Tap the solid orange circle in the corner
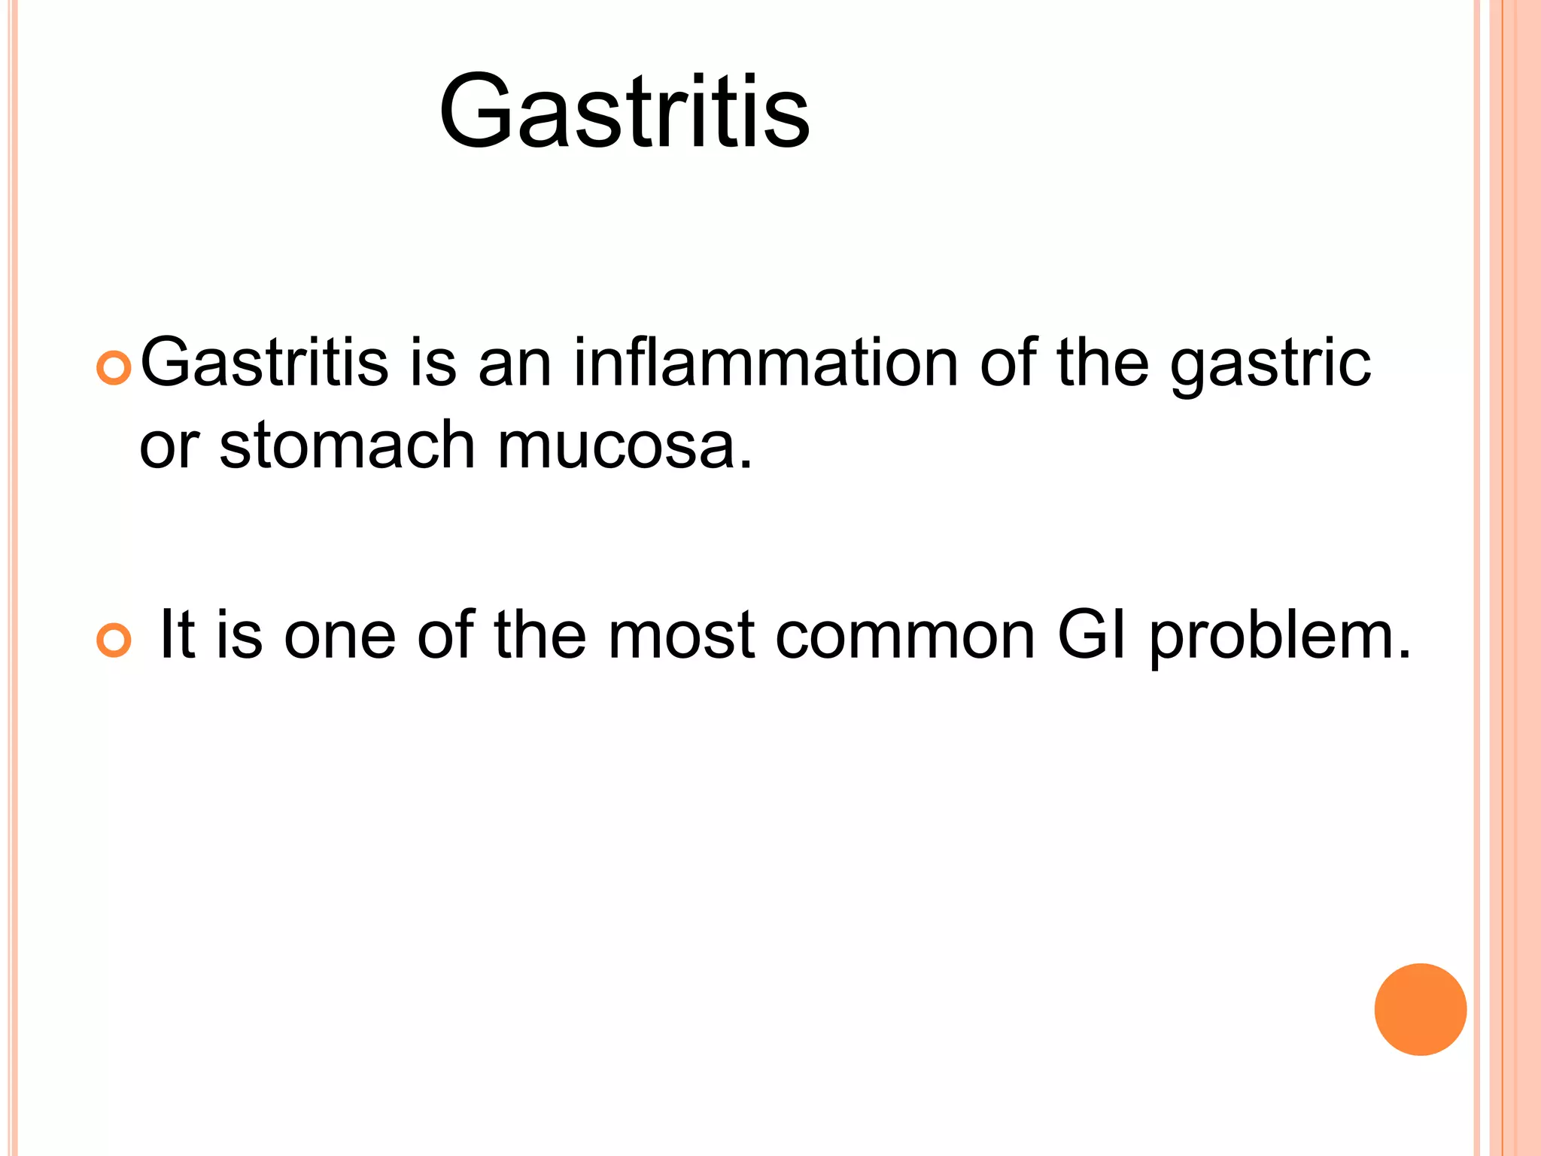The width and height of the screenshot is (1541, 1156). coord(1420,1009)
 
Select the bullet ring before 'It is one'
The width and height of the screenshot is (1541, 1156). coord(114,640)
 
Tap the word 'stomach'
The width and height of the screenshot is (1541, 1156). coord(347,446)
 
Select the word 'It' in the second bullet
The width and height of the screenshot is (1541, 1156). coord(178,635)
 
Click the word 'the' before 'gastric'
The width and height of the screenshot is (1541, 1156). coord(1102,363)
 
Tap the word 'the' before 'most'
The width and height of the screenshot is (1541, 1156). coord(540,635)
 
